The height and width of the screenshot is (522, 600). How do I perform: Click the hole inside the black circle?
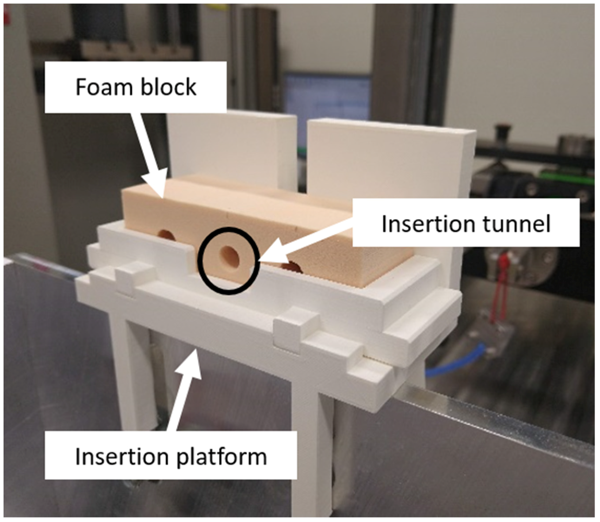229,257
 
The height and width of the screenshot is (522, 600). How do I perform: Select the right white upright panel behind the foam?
389,155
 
